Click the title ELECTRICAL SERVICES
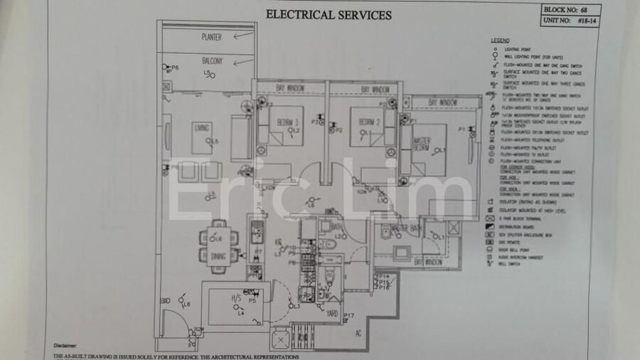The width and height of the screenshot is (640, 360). pos(328,14)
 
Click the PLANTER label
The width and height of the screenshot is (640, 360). pos(211,36)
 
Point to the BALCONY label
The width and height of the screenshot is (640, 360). pos(212,61)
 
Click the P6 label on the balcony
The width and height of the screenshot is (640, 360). pos(175,67)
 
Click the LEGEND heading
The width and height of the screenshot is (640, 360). pos(500,40)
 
